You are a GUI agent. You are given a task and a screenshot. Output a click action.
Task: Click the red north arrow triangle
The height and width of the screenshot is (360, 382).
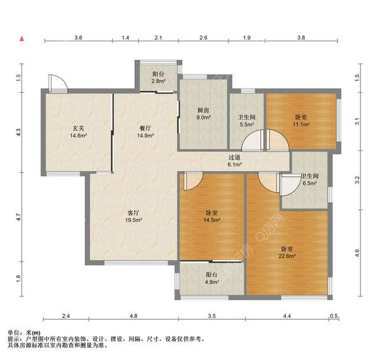[x=22, y=38]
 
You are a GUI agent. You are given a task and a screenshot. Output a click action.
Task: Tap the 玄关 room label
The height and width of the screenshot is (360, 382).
[x=78, y=128]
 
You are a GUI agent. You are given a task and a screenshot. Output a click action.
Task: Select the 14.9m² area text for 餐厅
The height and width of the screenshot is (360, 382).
[x=145, y=135]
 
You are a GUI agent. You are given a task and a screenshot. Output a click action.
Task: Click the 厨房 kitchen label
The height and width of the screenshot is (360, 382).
[x=204, y=110]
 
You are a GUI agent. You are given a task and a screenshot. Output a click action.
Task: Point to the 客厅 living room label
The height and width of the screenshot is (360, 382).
[x=134, y=213]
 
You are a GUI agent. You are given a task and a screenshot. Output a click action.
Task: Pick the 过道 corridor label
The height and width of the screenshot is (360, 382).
[x=234, y=158]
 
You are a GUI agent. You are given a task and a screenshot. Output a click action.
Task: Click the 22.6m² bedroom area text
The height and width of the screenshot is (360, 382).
[x=287, y=256]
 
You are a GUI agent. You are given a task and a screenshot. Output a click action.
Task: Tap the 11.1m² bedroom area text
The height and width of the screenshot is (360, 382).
[x=301, y=125]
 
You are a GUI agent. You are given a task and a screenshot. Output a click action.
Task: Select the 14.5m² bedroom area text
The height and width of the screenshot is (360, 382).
[x=212, y=220]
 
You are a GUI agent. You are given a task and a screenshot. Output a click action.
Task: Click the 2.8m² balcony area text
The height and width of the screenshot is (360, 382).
[x=159, y=81]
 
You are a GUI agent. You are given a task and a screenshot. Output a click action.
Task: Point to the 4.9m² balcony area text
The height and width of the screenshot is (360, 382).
[x=212, y=282]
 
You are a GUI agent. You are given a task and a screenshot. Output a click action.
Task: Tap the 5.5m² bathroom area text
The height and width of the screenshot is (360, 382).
[x=247, y=125]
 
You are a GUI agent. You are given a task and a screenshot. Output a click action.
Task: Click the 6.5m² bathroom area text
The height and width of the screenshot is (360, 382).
[x=309, y=183]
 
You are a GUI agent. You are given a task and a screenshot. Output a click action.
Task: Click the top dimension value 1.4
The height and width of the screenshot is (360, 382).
[x=125, y=38]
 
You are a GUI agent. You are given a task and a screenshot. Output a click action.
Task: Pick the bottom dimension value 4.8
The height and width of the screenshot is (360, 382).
[x=134, y=316]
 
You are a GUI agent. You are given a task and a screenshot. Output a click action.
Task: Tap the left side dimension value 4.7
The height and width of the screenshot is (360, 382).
[x=18, y=217]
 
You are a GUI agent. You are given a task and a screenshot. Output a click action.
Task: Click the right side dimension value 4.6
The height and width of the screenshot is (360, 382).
[x=357, y=253]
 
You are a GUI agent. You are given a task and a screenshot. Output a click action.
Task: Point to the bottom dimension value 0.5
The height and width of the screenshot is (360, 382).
[x=334, y=316]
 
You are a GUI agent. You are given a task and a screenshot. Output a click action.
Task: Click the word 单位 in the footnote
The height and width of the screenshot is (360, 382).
[x=13, y=333]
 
